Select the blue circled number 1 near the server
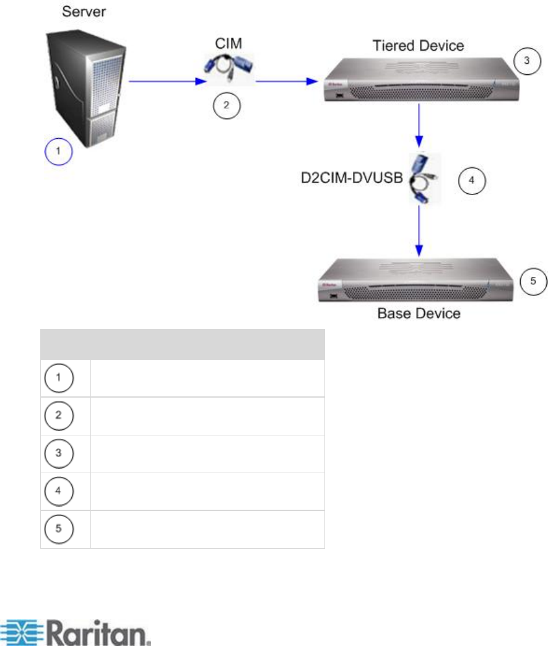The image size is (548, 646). (x=58, y=151)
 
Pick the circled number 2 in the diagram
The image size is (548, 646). (x=226, y=105)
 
